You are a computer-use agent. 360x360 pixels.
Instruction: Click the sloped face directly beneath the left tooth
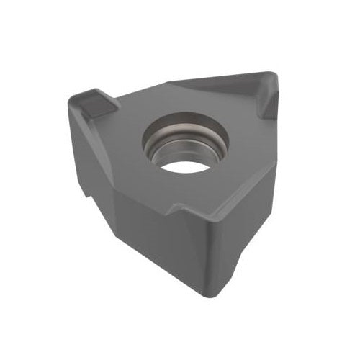86,144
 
